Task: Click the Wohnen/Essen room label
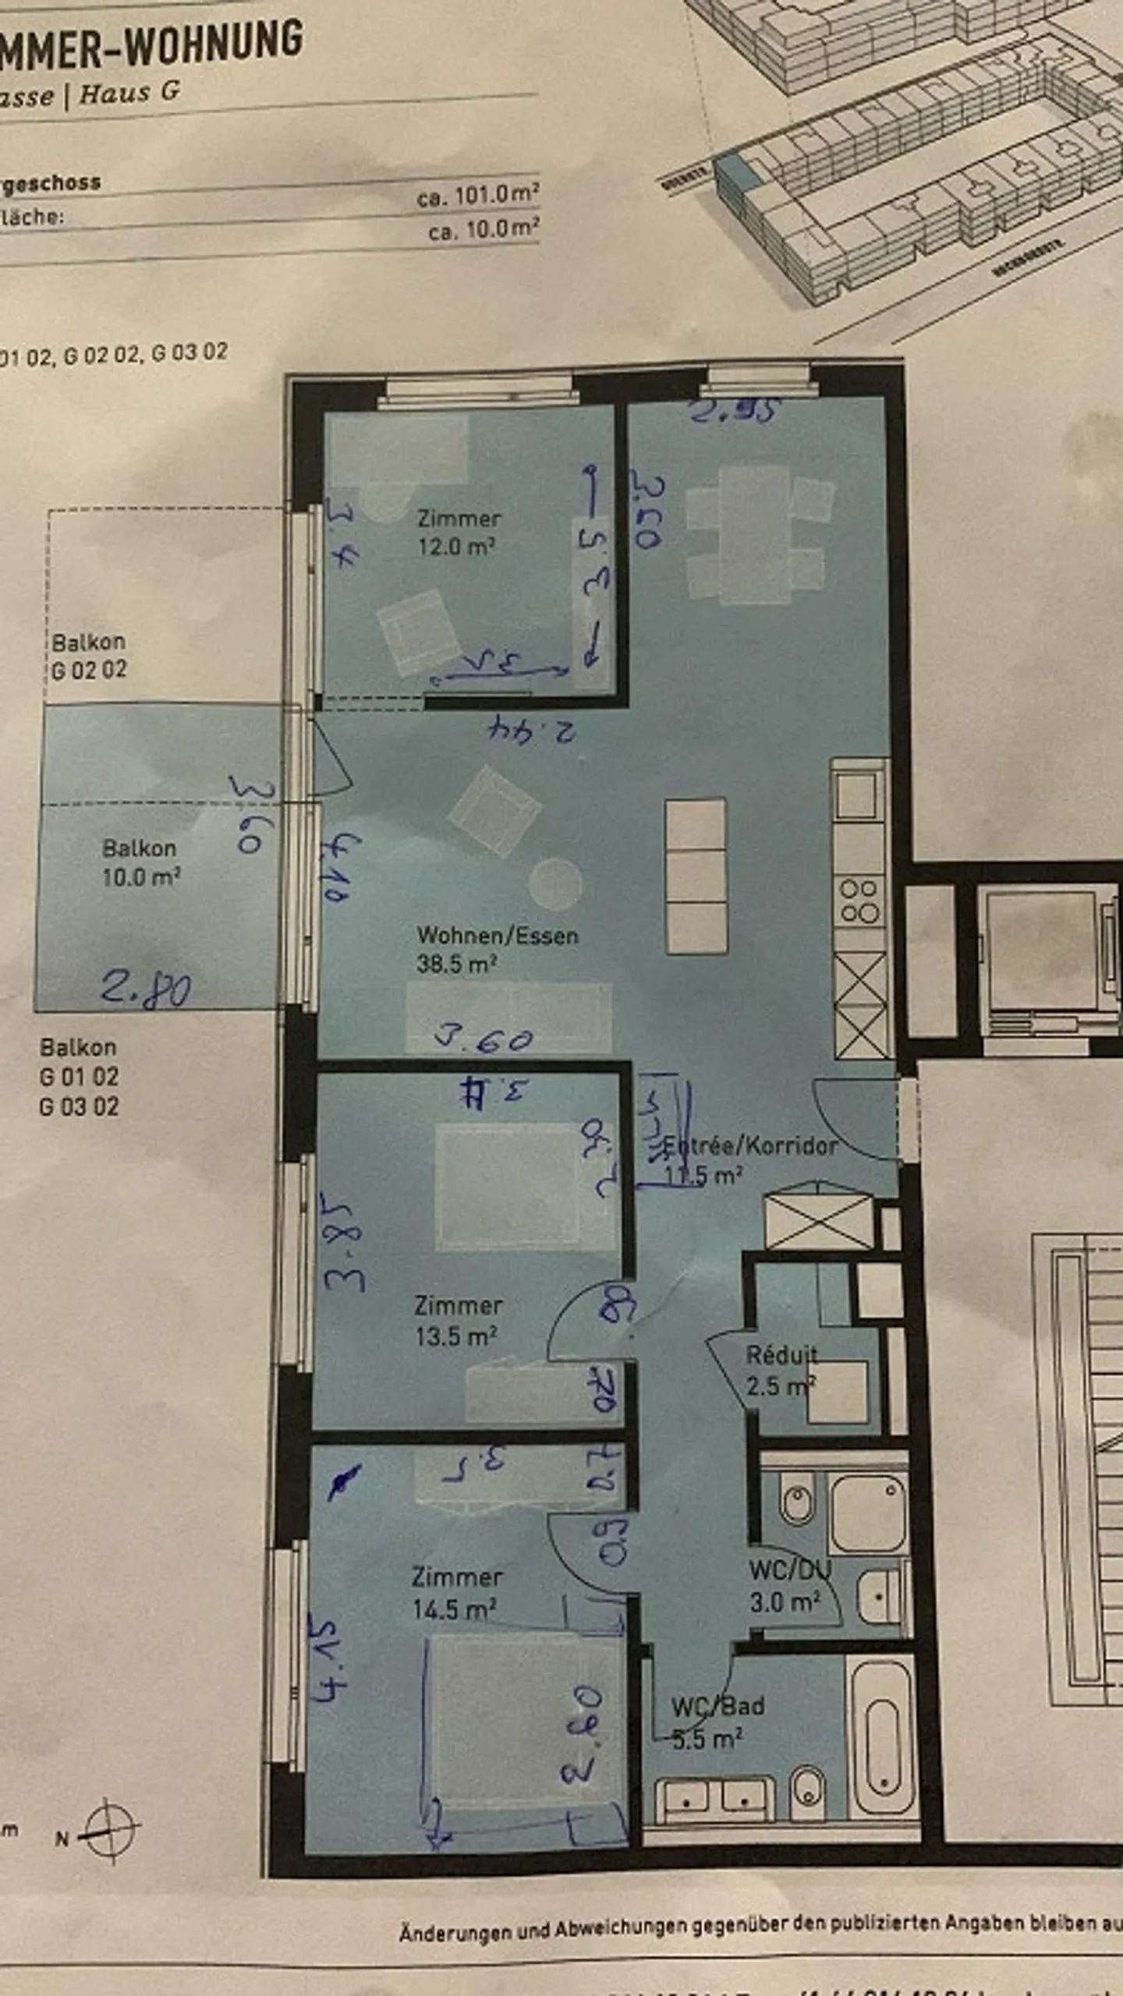tap(497, 949)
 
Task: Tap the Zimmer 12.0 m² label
tap(458, 532)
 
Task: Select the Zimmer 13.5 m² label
tap(457, 1320)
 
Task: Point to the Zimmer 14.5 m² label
tap(455, 1593)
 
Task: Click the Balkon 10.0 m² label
tap(140, 862)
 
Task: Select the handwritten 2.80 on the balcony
tap(146, 989)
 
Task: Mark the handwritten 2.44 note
tap(533, 730)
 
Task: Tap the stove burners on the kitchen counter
tap(859, 901)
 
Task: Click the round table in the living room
tap(555, 883)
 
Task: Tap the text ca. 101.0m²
tap(477, 195)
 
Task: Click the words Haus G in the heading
tap(129, 94)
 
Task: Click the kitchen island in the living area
tap(696, 876)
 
